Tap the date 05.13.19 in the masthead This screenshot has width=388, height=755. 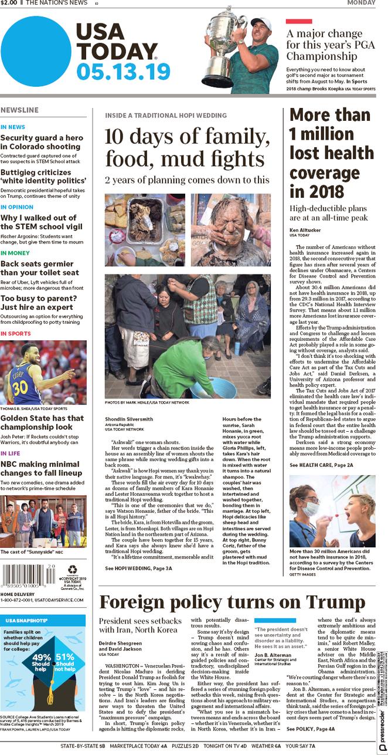pyautogui.click(x=123, y=72)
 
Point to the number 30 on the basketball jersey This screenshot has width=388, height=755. pyautogui.click(x=20, y=388)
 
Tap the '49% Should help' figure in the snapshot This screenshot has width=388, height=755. pyautogui.click(x=41, y=660)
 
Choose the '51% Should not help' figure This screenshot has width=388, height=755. pyautogui.click(x=65, y=660)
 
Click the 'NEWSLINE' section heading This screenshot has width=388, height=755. pyautogui.click(x=20, y=110)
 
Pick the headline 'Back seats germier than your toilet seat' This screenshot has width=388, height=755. pyautogui.click(x=40, y=268)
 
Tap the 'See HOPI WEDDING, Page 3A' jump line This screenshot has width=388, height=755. pyautogui.click(x=138, y=568)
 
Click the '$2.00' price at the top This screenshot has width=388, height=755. pyautogui.click(x=9, y=3)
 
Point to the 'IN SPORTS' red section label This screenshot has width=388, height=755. pyautogui.click(x=16, y=333)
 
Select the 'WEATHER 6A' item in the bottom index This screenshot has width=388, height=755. pyautogui.click(x=266, y=746)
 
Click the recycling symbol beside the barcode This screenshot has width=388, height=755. pyautogui.click(x=73, y=569)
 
